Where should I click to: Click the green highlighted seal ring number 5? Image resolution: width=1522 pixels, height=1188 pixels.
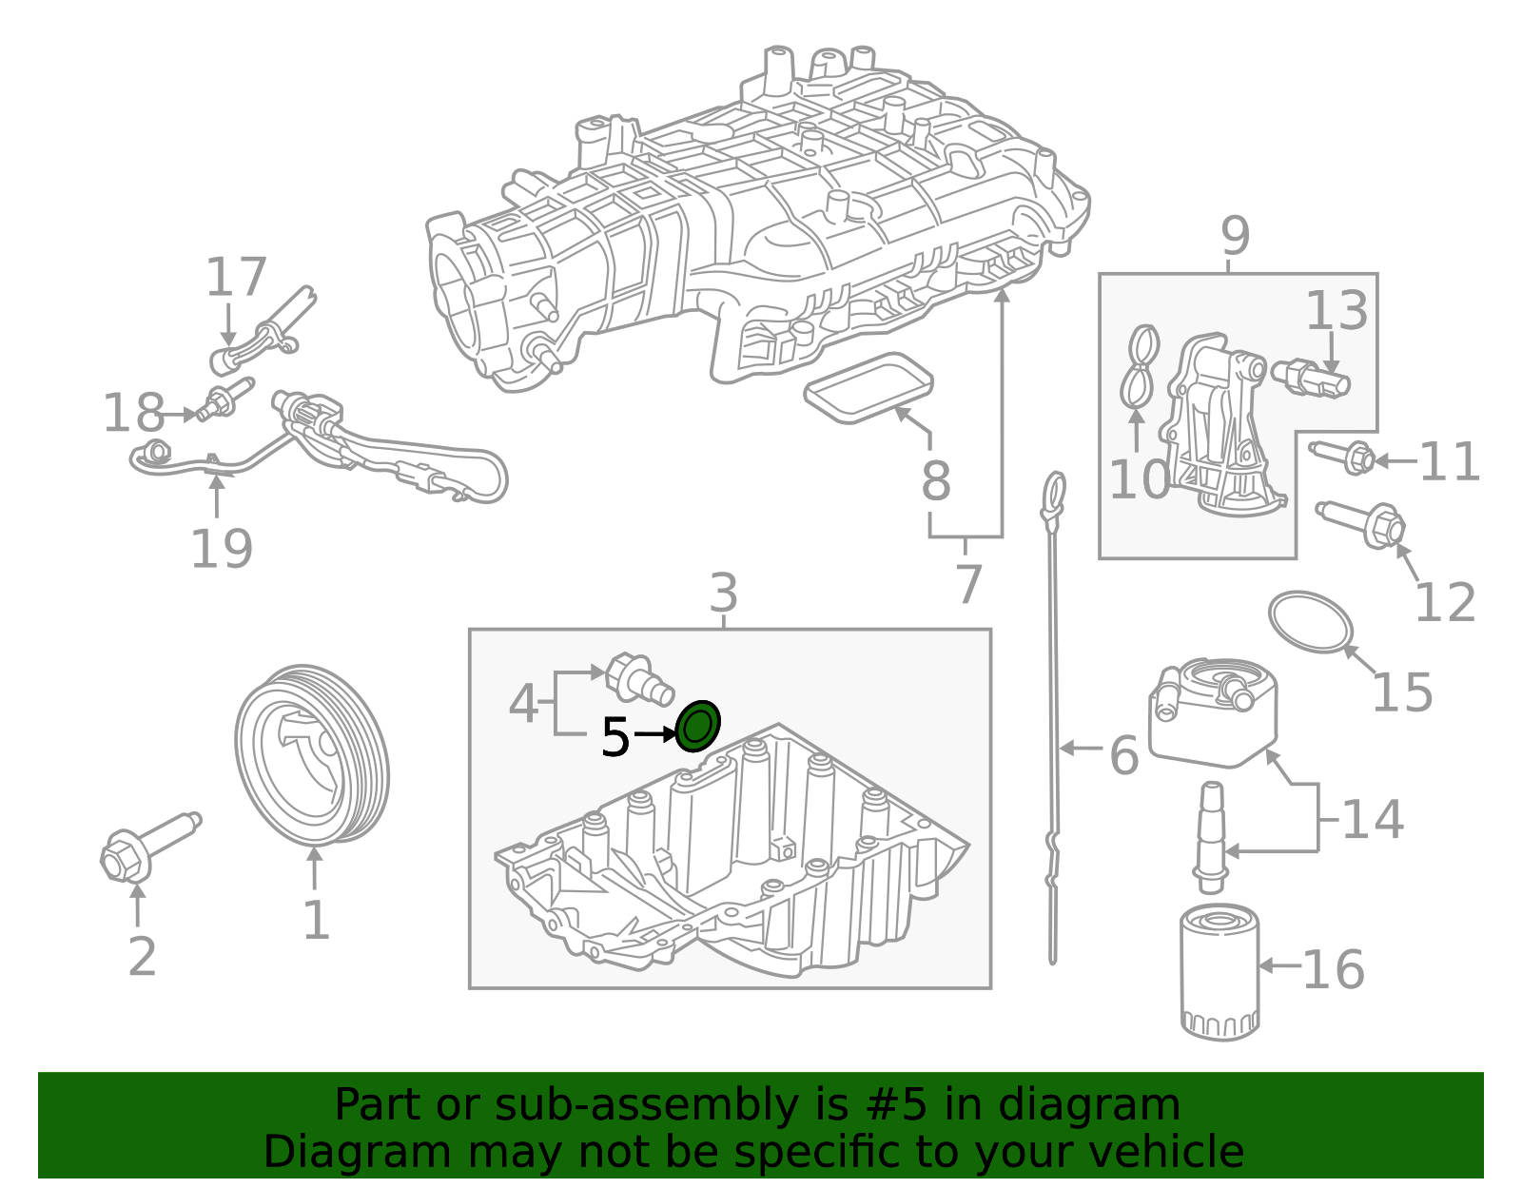[697, 727]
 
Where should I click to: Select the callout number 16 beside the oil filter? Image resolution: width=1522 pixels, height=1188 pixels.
[1333, 970]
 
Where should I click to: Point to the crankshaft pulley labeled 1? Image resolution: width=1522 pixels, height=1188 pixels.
[311, 755]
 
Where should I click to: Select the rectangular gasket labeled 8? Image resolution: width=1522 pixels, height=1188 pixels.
[868, 387]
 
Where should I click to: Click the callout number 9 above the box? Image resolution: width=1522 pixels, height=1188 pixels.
[1235, 235]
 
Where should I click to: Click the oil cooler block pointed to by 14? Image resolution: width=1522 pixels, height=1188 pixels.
[1213, 718]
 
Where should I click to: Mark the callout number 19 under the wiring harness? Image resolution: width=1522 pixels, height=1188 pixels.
[222, 549]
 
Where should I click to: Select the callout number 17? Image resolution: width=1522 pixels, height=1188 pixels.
[236, 278]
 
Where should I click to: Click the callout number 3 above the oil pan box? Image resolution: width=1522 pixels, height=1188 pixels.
[723, 594]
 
